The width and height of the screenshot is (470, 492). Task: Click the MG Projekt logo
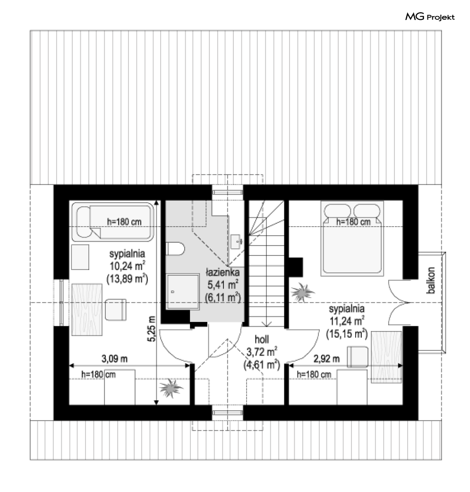pyautogui.click(x=429, y=17)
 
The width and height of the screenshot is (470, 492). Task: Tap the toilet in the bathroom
pyautogui.click(x=175, y=249)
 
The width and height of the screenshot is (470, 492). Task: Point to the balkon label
pyautogui.click(x=431, y=280)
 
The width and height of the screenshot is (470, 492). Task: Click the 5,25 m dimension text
pyautogui.click(x=152, y=329)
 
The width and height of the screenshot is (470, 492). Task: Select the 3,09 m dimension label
pyautogui.click(x=114, y=359)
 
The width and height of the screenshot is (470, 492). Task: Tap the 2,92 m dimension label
pyautogui.click(x=326, y=359)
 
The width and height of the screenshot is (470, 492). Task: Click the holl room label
pyautogui.click(x=262, y=339)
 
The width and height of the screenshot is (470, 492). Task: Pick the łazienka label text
pyautogui.click(x=222, y=272)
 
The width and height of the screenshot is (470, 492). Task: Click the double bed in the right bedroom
pyautogui.click(x=352, y=238)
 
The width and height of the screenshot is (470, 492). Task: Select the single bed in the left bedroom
pyautogui.click(x=113, y=221)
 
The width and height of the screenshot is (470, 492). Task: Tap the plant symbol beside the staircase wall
pyautogui.click(x=302, y=292)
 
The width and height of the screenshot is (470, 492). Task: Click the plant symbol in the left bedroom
pyautogui.click(x=171, y=388)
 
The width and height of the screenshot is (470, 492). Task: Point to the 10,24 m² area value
pyautogui.click(x=127, y=266)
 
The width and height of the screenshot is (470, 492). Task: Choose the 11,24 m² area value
pyautogui.click(x=347, y=321)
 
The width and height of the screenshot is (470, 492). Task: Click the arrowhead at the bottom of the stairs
pyautogui.click(x=266, y=324)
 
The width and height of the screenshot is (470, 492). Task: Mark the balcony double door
pyautogui.click(x=399, y=303)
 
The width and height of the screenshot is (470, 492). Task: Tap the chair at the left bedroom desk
pyautogui.click(x=116, y=310)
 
